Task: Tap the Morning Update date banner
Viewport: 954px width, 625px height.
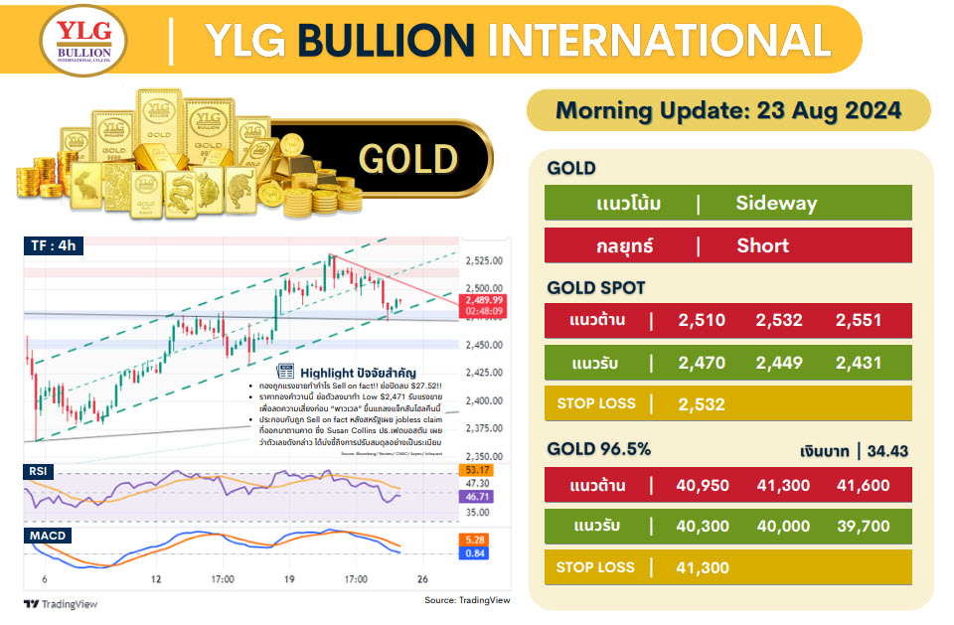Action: click(727, 110)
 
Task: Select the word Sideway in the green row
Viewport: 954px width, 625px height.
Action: click(776, 204)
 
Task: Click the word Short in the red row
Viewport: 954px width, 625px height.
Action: click(763, 246)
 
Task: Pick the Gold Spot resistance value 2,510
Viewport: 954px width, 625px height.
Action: click(702, 320)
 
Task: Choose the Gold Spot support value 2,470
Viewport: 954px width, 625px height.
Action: click(702, 363)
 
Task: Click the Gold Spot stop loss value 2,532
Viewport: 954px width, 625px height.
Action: click(702, 404)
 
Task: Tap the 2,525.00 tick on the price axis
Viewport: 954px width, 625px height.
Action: click(483, 261)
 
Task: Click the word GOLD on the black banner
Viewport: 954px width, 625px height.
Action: click(407, 159)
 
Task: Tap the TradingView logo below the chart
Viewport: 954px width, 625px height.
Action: click(61, 603)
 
